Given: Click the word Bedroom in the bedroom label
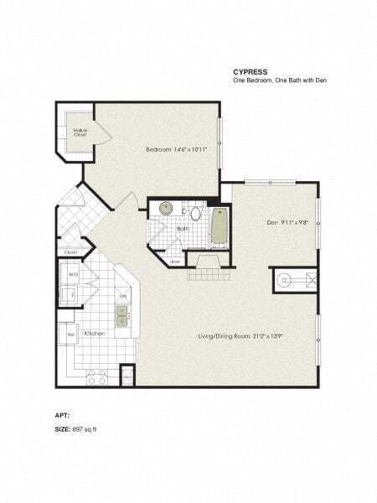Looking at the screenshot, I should coord(158,149).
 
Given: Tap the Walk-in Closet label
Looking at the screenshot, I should coord(80,132).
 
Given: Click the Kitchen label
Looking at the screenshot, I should coord(95,333).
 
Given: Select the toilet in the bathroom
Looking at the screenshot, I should coord(194,212).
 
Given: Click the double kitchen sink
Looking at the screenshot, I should coord(122,315).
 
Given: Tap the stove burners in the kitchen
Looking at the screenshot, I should coord(95,371).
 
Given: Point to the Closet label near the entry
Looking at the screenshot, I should coord(70,251).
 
